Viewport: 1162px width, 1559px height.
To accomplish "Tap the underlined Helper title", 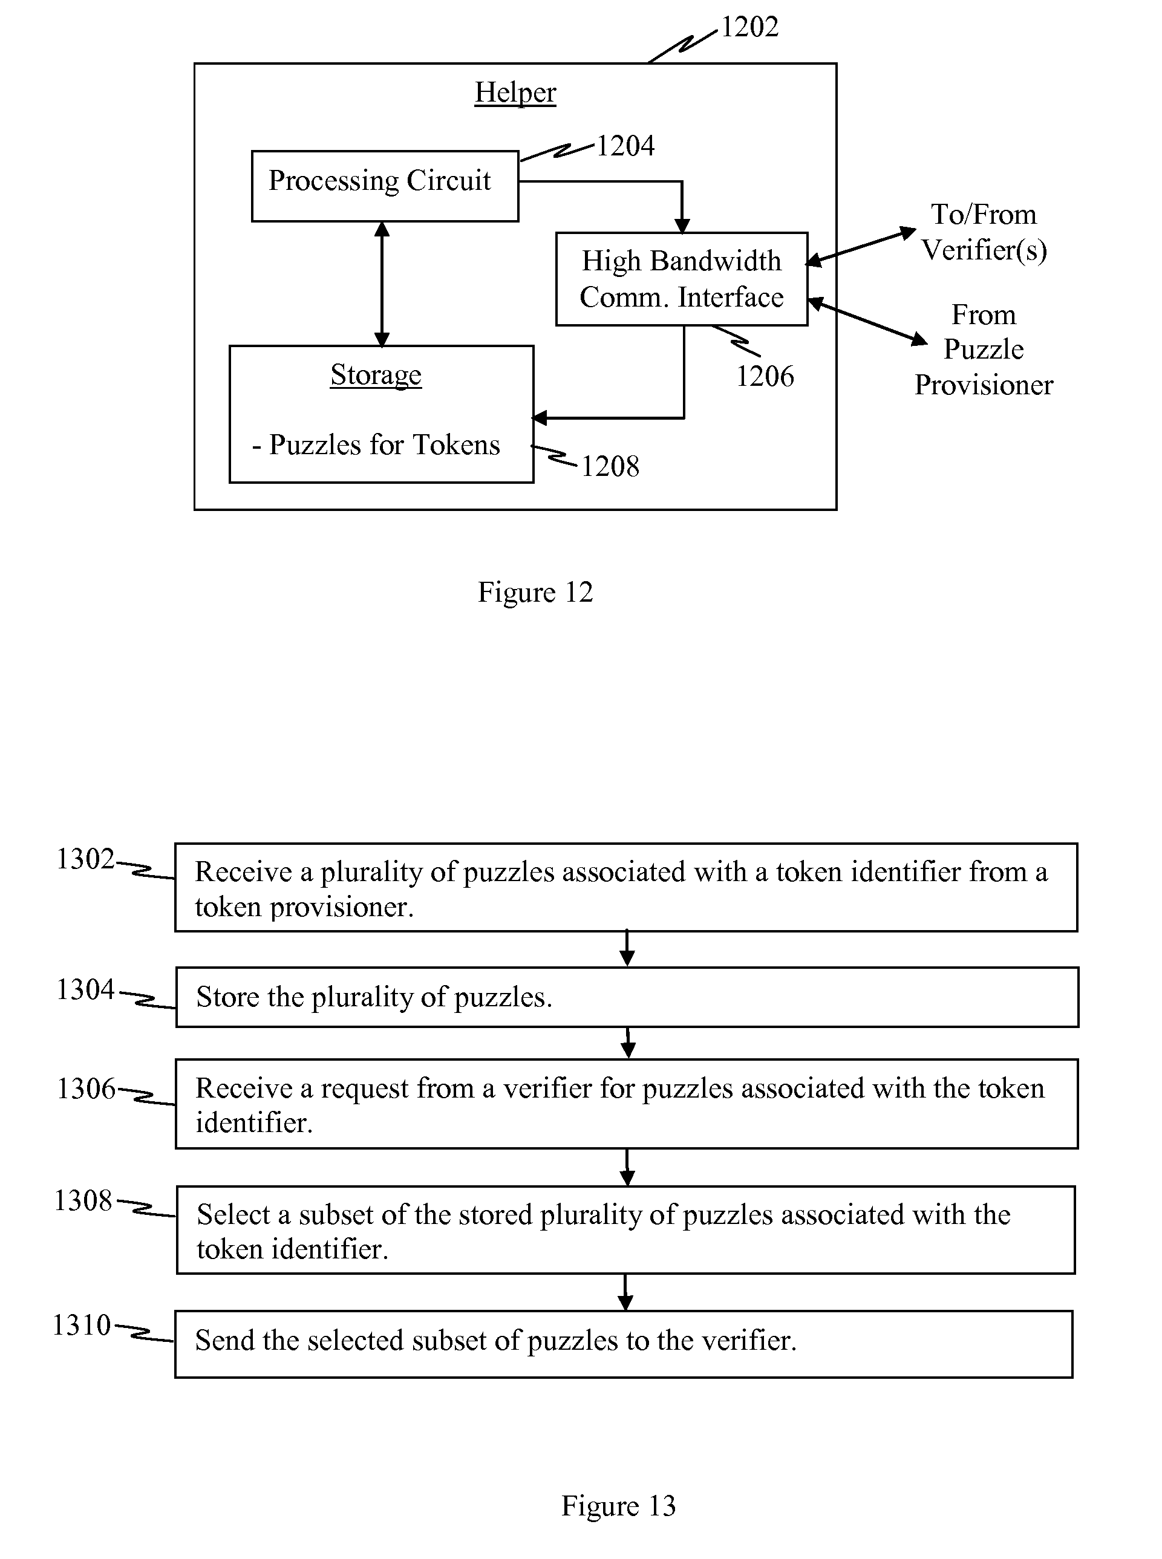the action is coord(515,93).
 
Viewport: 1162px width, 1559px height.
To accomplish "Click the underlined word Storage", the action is coord(376,376).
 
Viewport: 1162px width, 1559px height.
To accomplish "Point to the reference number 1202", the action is coord(750,27).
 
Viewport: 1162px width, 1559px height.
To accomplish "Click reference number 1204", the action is coord(625,146).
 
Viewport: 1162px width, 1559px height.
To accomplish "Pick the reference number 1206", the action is coord(765,376).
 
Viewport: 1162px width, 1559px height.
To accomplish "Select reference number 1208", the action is coord(610,466).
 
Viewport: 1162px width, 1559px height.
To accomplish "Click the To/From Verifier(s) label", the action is coord(984,232).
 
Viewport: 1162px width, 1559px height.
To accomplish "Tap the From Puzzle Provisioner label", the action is coord(984,350).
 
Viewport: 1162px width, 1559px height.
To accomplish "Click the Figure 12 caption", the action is coord(535,592).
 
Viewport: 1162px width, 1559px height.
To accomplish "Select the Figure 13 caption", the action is coord(618,1506).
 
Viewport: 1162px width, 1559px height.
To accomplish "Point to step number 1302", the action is coord(85,859).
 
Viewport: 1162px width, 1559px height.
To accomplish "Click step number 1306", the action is coord(86,1089).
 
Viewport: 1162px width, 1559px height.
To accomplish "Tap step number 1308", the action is coord(83,1200).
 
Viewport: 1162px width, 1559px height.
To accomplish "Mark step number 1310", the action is coord(82,1325).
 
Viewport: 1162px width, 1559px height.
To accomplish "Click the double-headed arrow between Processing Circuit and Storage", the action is coord(382,284).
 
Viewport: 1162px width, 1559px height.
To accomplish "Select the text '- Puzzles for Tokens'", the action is coord(376,445).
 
